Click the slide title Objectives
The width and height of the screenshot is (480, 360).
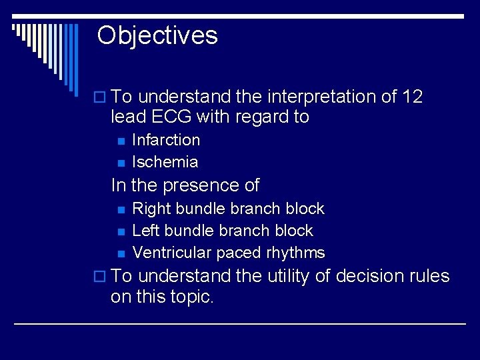point(157,35)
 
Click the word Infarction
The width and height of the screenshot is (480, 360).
point(166,140)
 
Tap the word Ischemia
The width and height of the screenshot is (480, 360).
point(165,162)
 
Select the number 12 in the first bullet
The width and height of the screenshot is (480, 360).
point(413,97)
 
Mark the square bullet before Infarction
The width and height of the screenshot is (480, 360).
point(120,141)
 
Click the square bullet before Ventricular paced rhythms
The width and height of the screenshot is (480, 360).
point(120,253)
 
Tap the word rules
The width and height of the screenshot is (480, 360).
point(430,276)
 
